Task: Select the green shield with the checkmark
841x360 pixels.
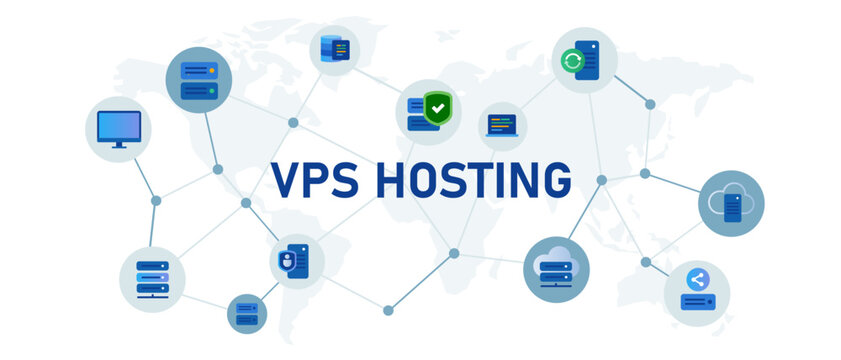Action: click(437, 107)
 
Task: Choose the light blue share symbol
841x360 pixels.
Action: click(698, 281)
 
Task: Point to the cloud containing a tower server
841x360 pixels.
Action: click(731, 203)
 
